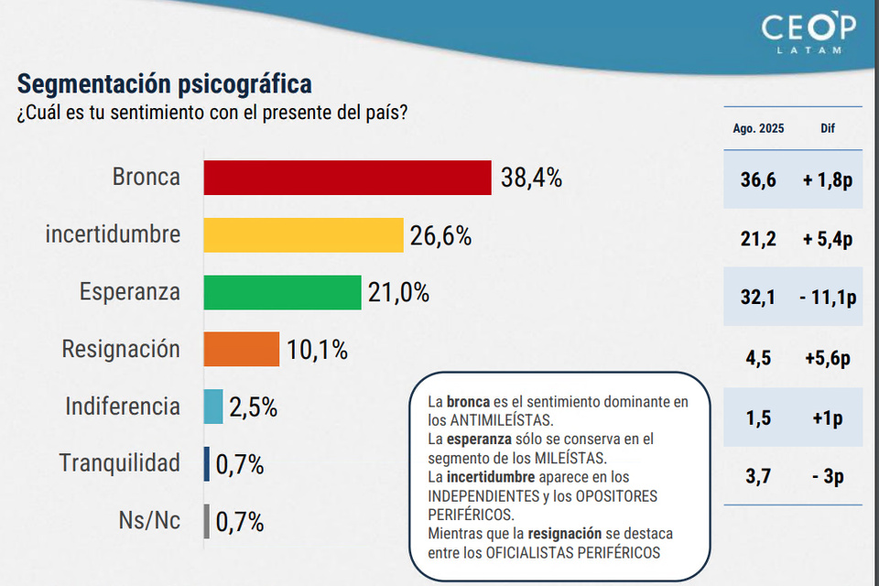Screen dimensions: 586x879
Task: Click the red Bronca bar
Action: pyautogui.click(x=348, y=178)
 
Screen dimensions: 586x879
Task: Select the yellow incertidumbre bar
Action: pyautogui.click(x=303, y=234)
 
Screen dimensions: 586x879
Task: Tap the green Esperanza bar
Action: pyautogui.click(x=282, y=292)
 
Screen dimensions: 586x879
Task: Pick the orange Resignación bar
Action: pyautogui.click(x=241, y=349)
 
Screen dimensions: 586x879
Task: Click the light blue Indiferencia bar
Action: pyautogui.click(x=212, y=407)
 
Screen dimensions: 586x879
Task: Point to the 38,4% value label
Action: pyautogui.click(x=531, y=178)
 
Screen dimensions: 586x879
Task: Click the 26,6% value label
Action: pyautogui.click(x=440, y=235)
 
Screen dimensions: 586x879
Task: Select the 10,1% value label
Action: pyautogui.click(x=318, y=350)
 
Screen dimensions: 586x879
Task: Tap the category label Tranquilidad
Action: pyautogui.click(x=120, y=463)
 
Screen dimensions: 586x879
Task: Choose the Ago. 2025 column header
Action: pyautogui.click(x=758, y=129)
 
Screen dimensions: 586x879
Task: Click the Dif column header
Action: pyautogui.click(x=828, y=129)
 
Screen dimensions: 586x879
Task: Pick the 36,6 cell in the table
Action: pyautogui.click(x=758, y=180)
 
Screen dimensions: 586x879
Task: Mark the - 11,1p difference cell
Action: pyautogui.click(x=828, y=297)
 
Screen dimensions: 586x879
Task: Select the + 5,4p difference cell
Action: pyautogui.click(x=828, y=240)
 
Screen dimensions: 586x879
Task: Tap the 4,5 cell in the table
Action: pyautogui.click(x=758, y=357)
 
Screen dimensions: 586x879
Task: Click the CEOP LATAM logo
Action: pyautogui.click(x=808, y=35)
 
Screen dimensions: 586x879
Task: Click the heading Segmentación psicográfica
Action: pyautogui.click(x=165, y=84)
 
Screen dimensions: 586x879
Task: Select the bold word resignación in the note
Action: pyautogui.click(x=565, y=534)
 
